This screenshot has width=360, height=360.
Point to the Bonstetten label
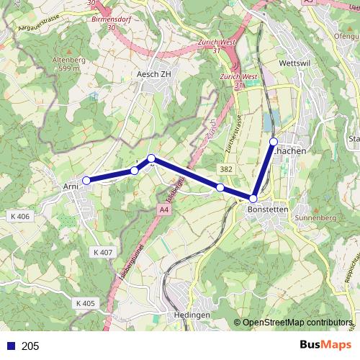click(x=267, y=209)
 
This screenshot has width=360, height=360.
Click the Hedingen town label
click(x=192, y=315)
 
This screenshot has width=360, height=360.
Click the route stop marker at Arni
click(x=86, y=180)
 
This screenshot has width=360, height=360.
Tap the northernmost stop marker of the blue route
click(x=274, y=141)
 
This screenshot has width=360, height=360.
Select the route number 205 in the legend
click(x=30, y=346)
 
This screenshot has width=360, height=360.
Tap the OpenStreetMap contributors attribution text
click(x=297, y=322)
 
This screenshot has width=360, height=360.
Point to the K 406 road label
click(x=22, y=217)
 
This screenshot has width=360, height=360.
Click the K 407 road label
click(x=103, y=253)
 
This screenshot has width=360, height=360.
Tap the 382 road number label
click(x=227, y=168)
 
